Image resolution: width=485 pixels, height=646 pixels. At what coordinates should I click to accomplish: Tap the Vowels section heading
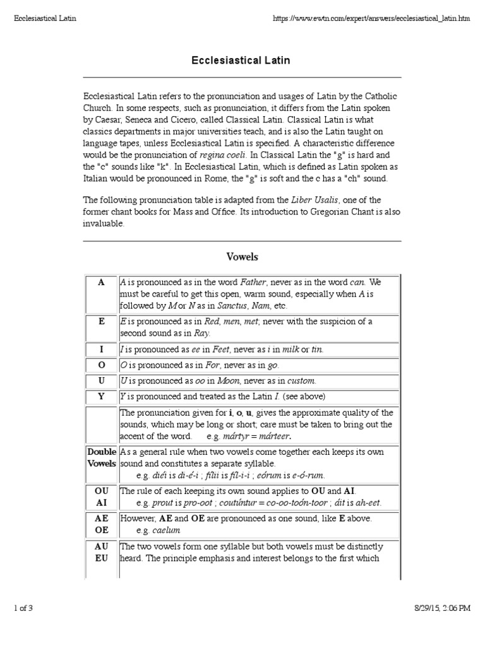click(242, 257)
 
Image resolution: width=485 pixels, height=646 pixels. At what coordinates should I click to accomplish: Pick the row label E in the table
click(101, 321)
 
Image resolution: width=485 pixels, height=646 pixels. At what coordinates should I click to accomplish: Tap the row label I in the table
click(101, 349)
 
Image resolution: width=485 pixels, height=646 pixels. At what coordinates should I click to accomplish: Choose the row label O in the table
click(101, 365)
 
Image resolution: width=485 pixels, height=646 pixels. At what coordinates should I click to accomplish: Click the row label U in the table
click(101, 381)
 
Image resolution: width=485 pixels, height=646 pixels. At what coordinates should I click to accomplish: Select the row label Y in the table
click(101, 397)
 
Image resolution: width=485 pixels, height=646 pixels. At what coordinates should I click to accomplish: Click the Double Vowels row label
click(101, 458)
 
